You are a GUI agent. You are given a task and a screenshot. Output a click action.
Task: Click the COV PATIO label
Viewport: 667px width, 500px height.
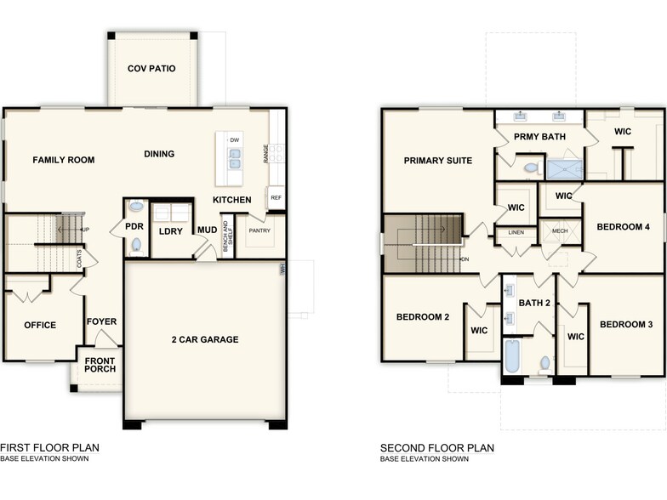pos(151,69)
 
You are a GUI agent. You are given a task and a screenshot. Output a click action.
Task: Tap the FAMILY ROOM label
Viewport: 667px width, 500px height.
pos(63,160)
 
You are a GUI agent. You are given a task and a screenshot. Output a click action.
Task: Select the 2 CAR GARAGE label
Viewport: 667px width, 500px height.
pos(204,340)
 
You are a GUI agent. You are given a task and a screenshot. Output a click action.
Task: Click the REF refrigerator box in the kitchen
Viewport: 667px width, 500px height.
pos(276,197)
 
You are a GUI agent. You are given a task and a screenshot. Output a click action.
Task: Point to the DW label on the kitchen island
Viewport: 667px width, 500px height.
pos(234,139)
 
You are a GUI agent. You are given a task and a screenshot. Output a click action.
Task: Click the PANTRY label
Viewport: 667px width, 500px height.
pos(259,230)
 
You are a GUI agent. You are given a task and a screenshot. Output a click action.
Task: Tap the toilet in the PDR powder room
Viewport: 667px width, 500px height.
pos(136,245)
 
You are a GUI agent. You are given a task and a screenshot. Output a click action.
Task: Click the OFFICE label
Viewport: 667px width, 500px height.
pos(40,325)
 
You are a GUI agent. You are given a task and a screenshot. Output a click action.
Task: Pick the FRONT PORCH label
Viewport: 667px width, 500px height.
pos(100,365)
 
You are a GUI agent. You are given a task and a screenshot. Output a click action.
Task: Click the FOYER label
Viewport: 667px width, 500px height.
pos(101,322)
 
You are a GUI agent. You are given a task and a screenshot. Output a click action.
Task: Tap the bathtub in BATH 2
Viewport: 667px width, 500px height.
pos(512,357)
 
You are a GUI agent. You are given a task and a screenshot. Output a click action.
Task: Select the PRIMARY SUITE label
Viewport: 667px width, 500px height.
pos(437,161)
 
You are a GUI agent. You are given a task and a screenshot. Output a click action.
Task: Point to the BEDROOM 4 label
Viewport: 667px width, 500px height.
pos(623,227)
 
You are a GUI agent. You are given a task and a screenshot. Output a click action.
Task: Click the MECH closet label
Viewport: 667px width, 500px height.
pos(559,231)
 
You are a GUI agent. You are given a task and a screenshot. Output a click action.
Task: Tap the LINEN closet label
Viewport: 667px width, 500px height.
pos(516,232)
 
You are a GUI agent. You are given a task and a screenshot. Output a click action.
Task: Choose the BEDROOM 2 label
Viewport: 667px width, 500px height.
pos(422,317)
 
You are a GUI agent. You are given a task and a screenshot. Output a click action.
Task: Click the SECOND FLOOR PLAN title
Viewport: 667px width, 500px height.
pos(436,448)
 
